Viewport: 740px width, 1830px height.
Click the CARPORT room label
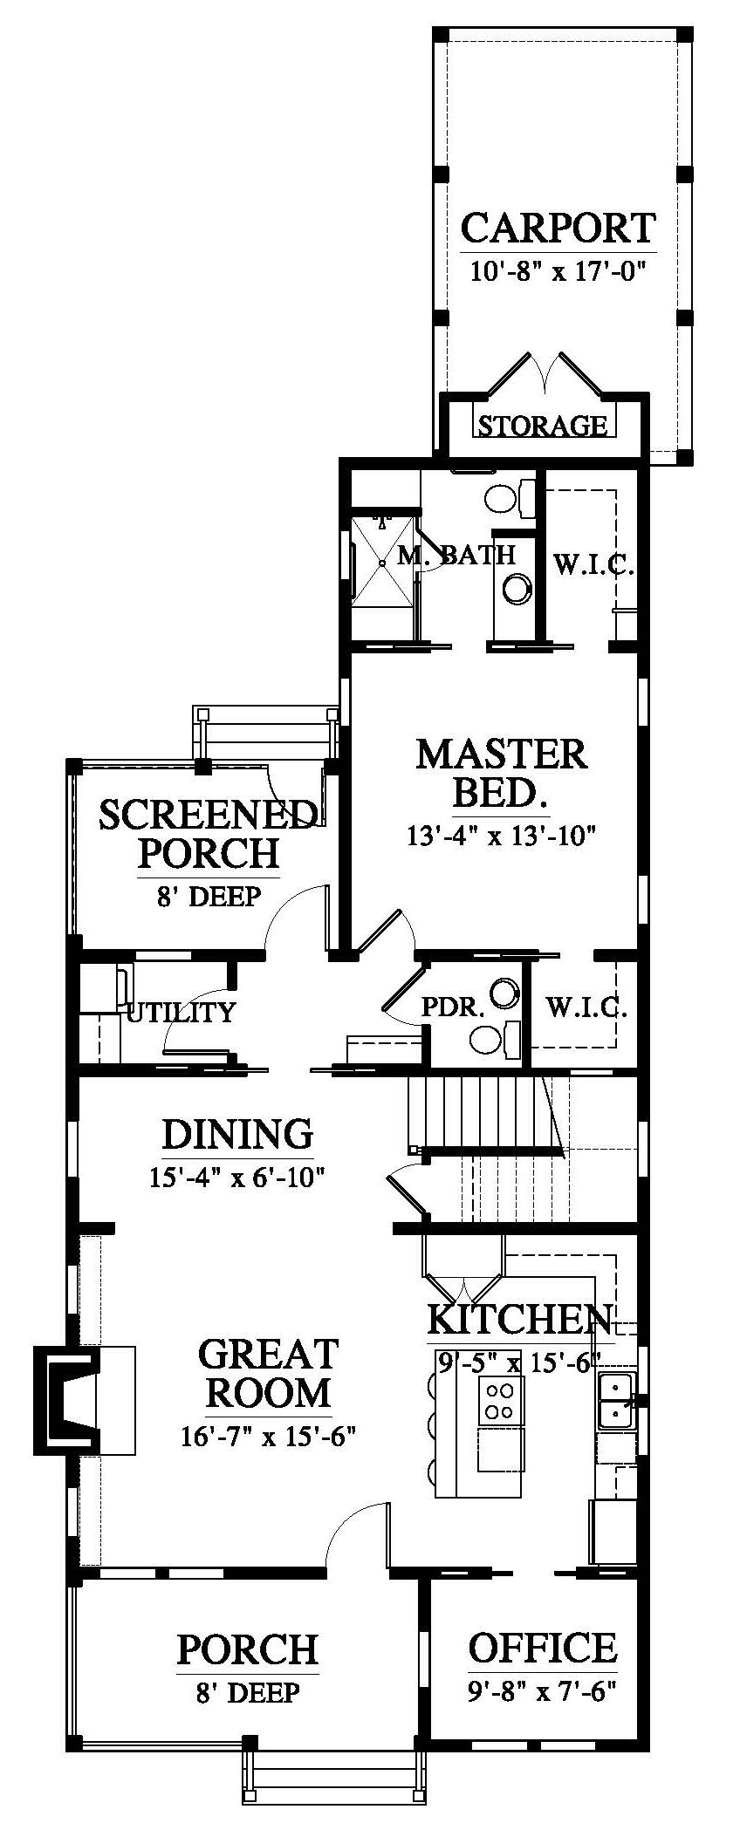coord(558,229)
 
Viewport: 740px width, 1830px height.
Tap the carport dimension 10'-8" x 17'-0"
coord(557,271)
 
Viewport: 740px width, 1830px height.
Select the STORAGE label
coord(542,426)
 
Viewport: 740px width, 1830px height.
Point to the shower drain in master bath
coord(383,563)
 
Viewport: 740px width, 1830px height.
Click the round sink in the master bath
coord(517,588)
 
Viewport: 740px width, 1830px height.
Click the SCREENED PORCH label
coord(208,833)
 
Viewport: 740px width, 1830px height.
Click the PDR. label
coord(453,1009)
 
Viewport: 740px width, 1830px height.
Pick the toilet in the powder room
coord(495,1038)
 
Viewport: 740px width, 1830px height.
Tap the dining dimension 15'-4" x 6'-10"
coord(237,1178)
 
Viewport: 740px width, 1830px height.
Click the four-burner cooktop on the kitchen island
coord(501,1402)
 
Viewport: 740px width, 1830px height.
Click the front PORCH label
coord(248,1649)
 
